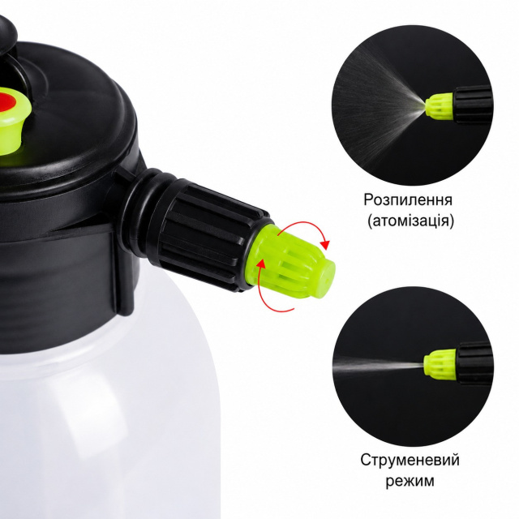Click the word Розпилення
click(408, 199)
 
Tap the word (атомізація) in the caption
click(410, 221)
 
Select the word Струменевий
click(410, 460)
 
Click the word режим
click(410, 481)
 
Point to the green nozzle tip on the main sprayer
click(291, 261)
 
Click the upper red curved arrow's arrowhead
click(325, 245)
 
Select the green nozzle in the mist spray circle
click(440, 106)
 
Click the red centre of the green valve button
click(5, 100)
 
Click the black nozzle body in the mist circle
click(473, 104)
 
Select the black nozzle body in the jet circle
click(474, 362)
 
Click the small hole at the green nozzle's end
click(328, 280)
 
